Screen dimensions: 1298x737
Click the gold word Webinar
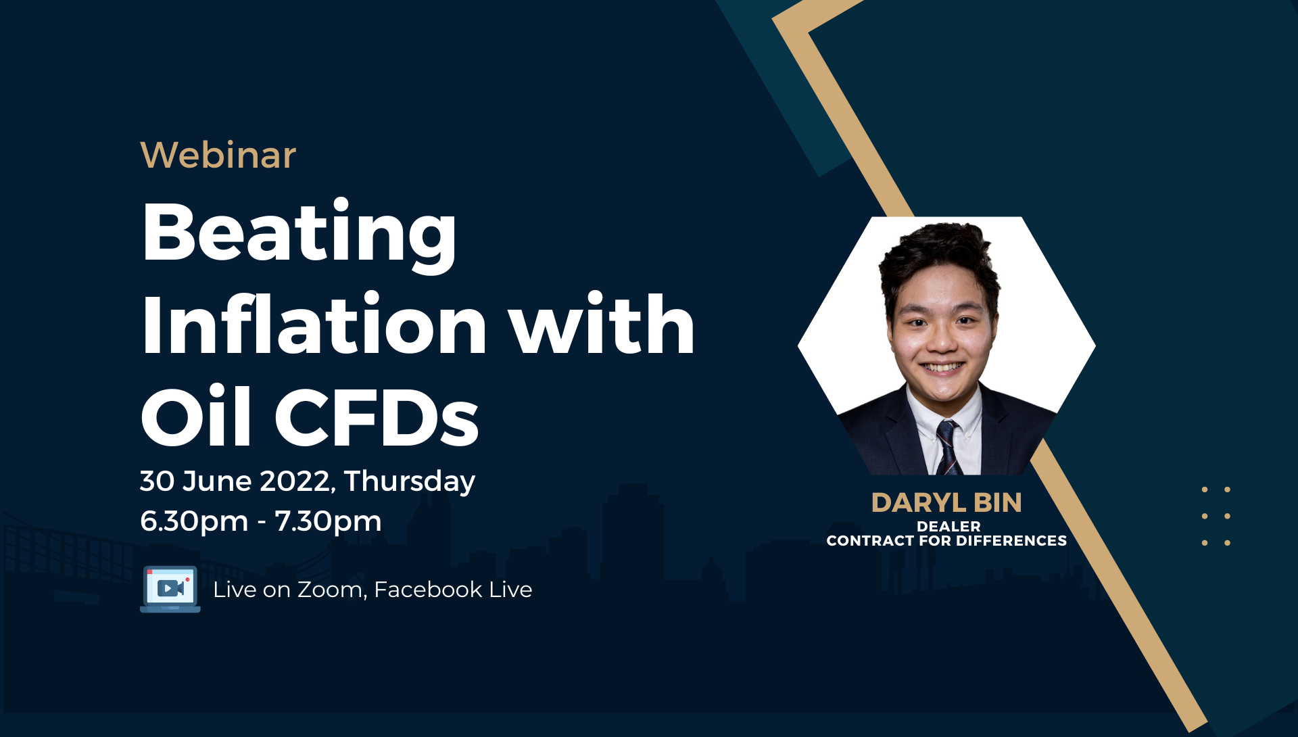tap(218, 155)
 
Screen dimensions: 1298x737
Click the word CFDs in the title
tap(377, 417)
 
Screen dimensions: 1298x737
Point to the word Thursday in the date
tap(410, 482)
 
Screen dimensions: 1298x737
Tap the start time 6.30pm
tap(194, 521)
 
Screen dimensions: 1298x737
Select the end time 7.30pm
tap(328, 521)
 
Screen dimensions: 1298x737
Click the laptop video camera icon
tap(170, 589)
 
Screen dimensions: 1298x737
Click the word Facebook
tap(428, 590)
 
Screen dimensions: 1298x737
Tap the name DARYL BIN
tap(946, 502)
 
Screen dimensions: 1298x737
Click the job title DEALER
tap(948, 526)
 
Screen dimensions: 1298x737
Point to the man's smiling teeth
tap(942, 368)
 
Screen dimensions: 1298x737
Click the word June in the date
tap(217, 482)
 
